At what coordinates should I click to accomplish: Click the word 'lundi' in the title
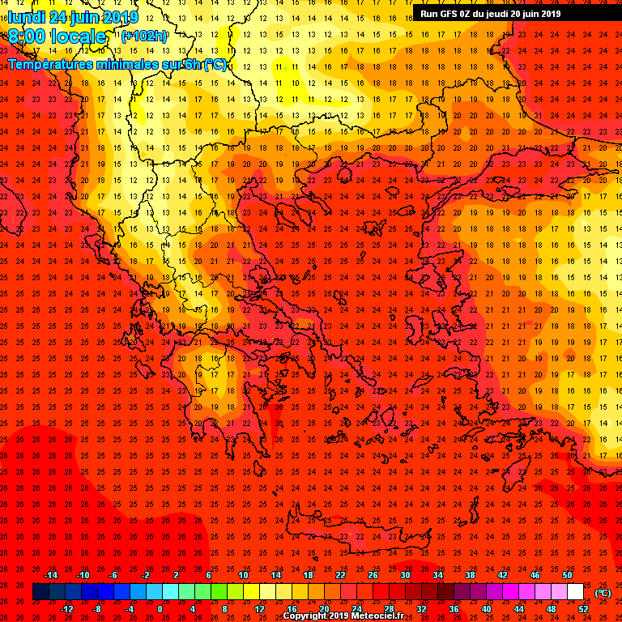coord(26,17)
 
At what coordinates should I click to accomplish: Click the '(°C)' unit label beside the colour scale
coord(603,594)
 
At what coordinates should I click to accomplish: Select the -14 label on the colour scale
coord(50,575)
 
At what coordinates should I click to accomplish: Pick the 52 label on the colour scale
coord(584,609)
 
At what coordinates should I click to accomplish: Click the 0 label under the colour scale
coord(160,609)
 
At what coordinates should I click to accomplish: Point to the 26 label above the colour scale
coord(373,575)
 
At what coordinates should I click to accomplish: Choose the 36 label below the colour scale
coord(454,609)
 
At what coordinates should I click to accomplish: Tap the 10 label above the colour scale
coord(243,575)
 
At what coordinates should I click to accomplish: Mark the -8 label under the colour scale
coord(97,609)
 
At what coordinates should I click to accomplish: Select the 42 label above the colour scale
coord(502,575)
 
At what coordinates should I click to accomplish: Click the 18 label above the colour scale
coord(308,575)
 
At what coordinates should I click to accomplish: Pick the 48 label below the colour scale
coord(551,609)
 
